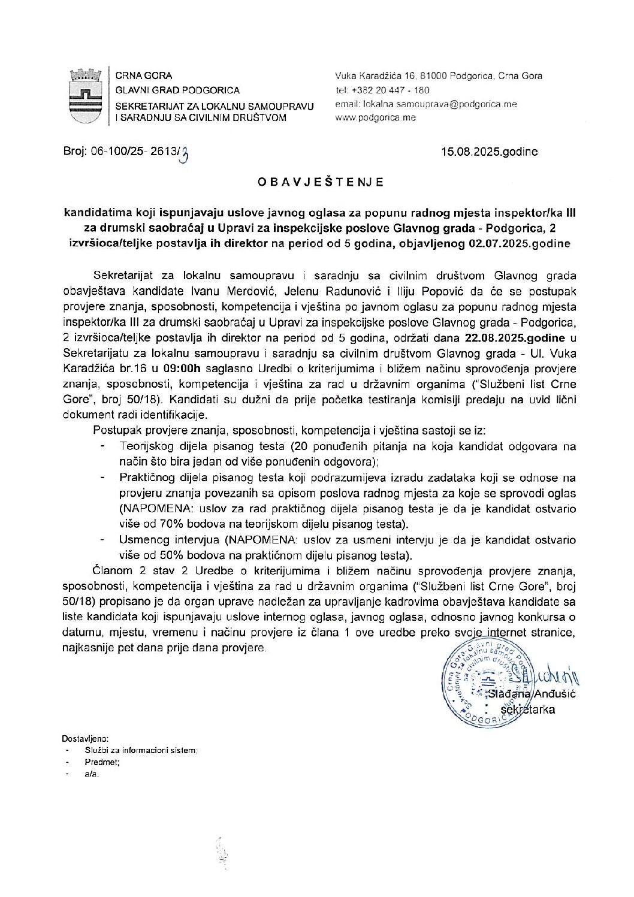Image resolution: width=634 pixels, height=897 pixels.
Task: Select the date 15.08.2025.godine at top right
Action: click(x=489, y=152)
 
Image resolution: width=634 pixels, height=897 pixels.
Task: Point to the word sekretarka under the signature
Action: click(x=527, y=710)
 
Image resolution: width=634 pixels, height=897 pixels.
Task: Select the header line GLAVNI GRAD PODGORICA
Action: click(x=177, y=90)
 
